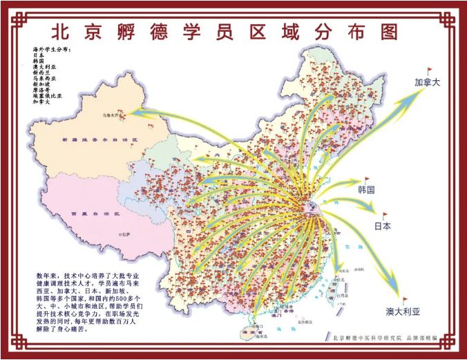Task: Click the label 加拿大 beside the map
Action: click(x=428, y=82)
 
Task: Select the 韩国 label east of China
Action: click(x=366, y=189)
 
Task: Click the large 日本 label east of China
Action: click(x=383, y=226)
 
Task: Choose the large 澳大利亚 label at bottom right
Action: click(x=403, y=312)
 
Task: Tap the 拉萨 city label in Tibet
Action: click(x=126, y=235)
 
